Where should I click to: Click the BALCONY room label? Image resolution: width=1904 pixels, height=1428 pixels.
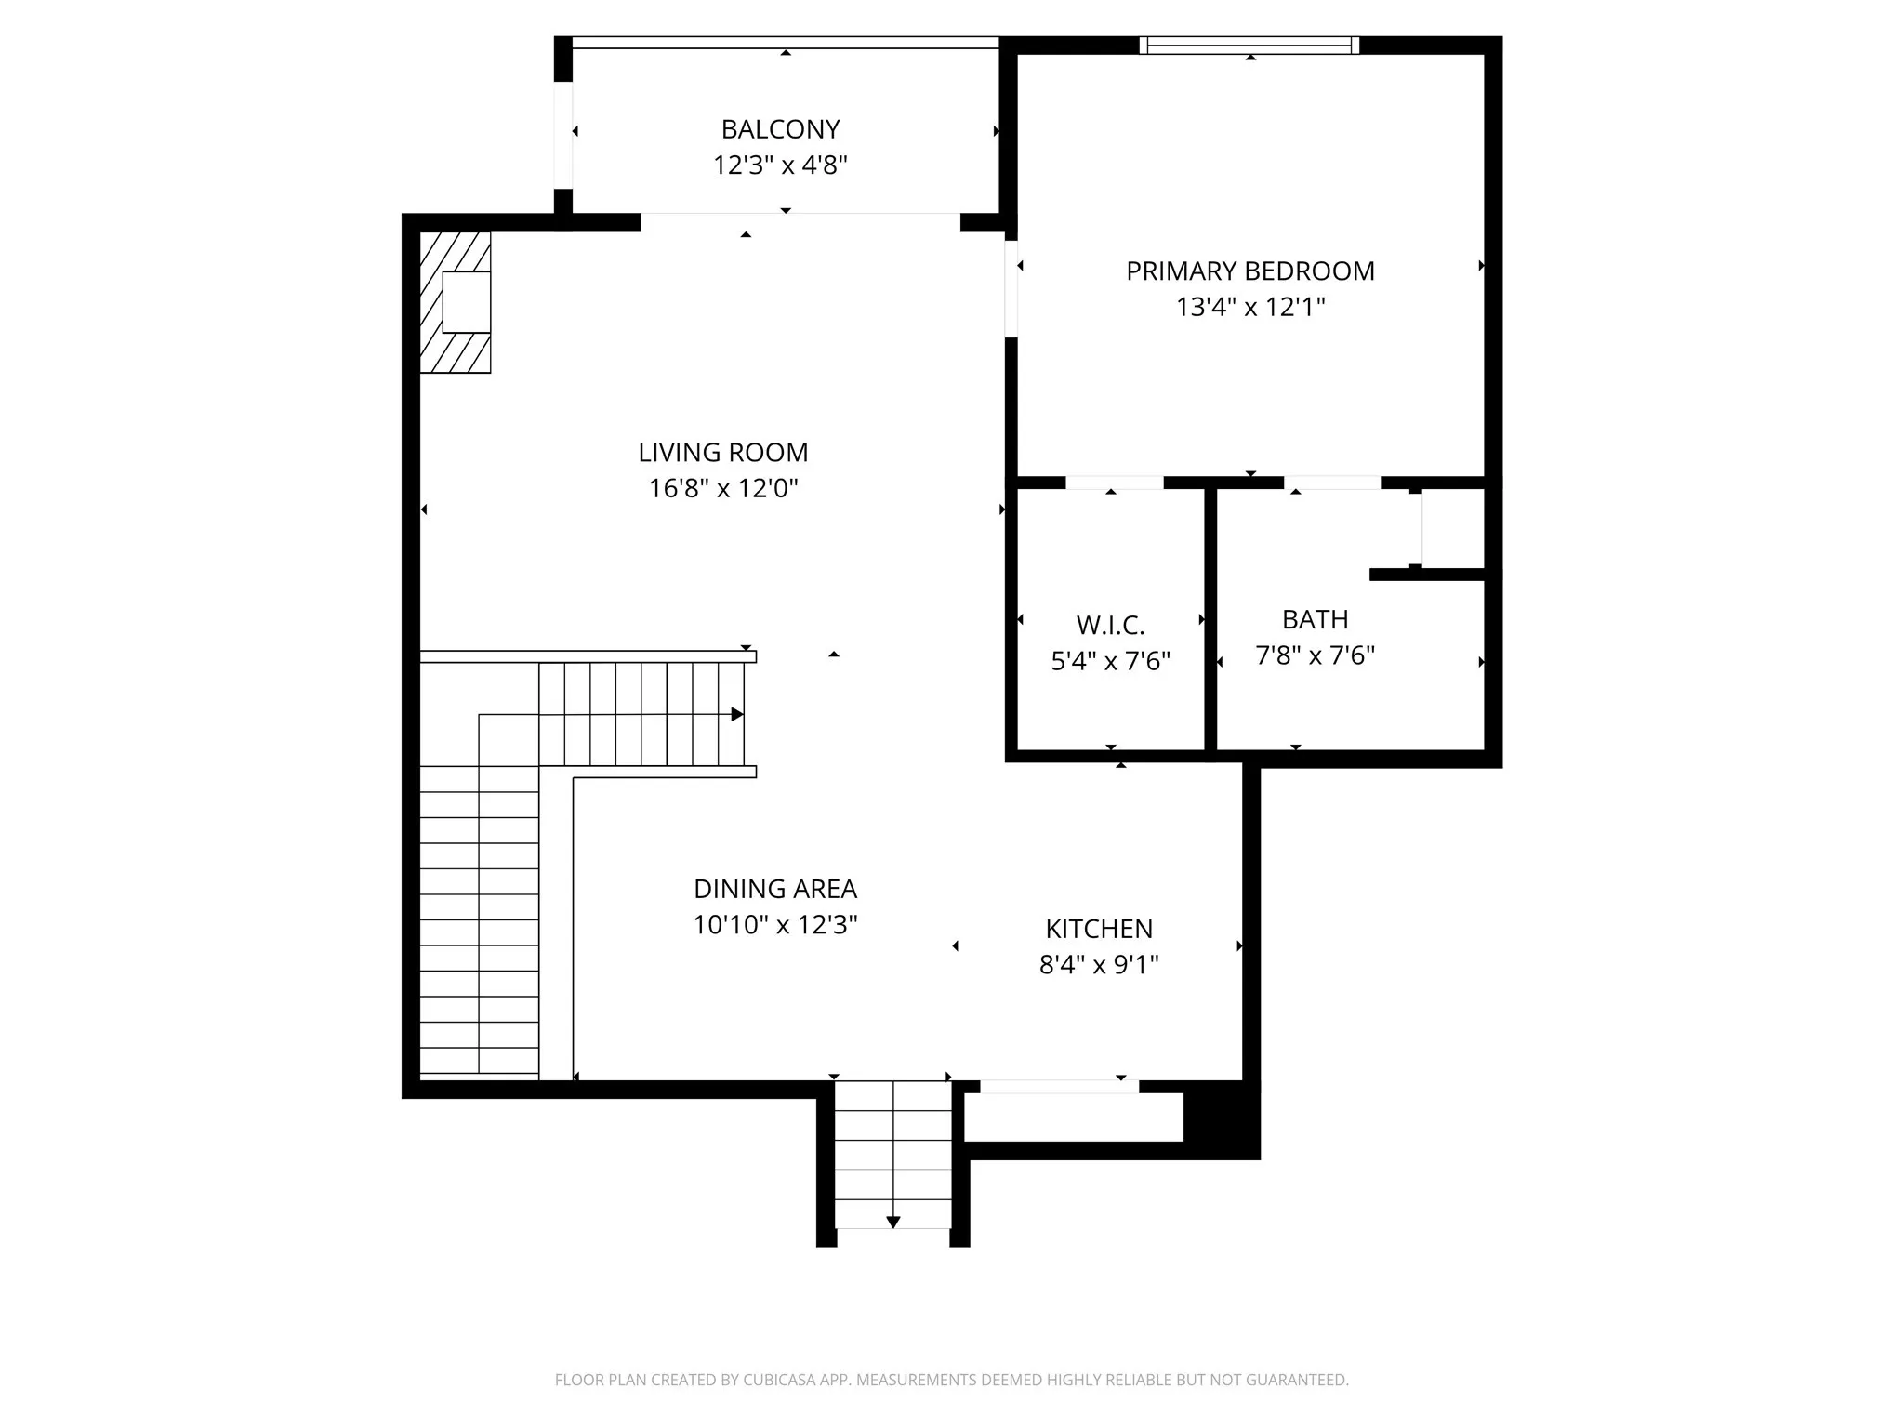[780, 129]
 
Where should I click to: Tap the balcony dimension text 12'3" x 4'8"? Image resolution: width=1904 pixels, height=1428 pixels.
[780, 165]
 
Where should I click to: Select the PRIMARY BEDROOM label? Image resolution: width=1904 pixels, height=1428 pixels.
[1249, 271]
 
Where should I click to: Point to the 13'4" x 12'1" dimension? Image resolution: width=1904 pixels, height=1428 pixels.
[1249, 307]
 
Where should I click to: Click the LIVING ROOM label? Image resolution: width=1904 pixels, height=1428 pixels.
[722, 453]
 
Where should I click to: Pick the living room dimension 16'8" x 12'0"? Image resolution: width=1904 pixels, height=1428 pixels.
[722, 488]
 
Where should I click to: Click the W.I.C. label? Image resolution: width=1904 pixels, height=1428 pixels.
[1110, 625]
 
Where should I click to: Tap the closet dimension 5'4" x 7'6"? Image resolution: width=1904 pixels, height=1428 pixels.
[1110, 661]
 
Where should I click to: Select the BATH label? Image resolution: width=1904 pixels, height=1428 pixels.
[1315, 619]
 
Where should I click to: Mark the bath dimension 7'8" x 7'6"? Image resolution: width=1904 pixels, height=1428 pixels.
[1315, 655]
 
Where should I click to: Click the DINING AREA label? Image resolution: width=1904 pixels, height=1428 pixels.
[774, 889]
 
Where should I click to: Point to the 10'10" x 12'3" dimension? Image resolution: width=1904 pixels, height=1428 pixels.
[774, 925]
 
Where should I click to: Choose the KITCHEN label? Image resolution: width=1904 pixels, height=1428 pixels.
[1099, 929]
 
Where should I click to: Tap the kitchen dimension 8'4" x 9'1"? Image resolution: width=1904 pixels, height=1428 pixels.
[1099, 965]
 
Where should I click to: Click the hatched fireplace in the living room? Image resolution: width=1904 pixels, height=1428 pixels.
[455, 302]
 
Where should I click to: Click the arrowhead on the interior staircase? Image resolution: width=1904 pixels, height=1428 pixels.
[737, 714]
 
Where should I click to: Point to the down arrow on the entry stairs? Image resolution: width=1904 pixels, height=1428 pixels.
[892, 1222]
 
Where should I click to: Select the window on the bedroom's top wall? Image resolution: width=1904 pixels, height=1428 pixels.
[1249, 45]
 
